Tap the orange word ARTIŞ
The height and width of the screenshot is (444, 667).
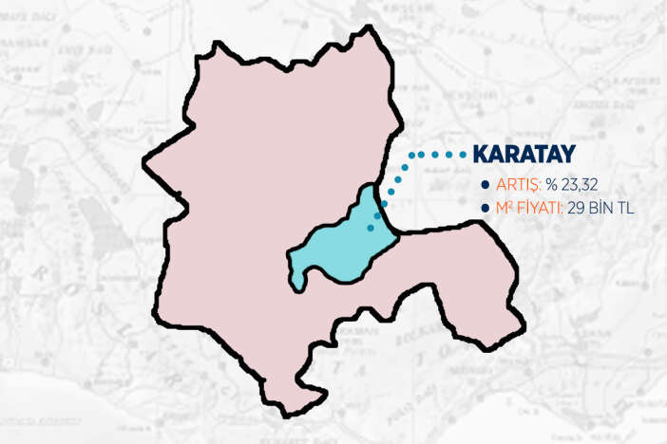pyautogui.click(x=516, y=184)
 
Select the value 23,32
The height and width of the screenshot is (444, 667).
pyautogui.click(x=579, y=184)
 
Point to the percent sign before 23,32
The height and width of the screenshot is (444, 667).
pyautogui.click(x=551, y=184)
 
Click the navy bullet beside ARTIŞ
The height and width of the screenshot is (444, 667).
pyautogui.click(x=486, y=184)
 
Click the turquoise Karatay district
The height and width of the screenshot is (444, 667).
pyautogui.click(x=342, y=247)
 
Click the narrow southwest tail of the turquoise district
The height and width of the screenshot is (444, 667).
pyautogui.click(x=300, y=278)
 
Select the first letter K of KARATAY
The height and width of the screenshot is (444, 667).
pyautogui.click(x=483, y=155)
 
